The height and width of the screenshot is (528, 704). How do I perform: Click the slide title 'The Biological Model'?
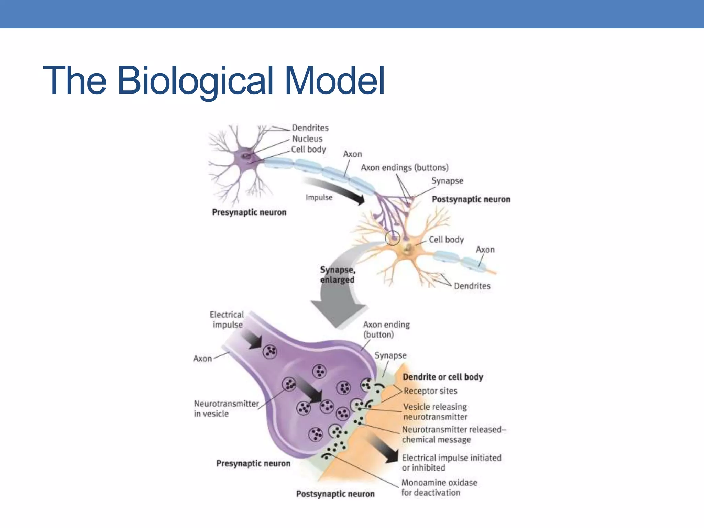tap(213, 81)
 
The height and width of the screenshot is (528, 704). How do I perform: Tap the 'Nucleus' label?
tap(307, 139)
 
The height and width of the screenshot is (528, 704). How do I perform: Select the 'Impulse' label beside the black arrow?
tap(319, 198)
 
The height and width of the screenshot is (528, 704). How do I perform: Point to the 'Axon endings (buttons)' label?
tap(405, 168)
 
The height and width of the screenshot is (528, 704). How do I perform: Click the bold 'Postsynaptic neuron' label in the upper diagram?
tap(471, 199)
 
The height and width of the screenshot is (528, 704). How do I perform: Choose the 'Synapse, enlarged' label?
tap(337, 275)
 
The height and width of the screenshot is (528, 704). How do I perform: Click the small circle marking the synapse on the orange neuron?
tap(392, 238)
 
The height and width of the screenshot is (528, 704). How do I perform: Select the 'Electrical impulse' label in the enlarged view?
tap(227, 320)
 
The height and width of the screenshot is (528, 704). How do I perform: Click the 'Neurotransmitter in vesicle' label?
tap(226, 409)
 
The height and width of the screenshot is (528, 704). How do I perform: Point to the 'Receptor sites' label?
tap(430, 391)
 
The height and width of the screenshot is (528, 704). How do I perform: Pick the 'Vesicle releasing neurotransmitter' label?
tap(435, 412)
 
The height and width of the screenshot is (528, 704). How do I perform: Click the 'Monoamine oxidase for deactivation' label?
tap(439, 488)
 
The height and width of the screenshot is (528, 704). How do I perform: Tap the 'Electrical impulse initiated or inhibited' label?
tap(451, 463)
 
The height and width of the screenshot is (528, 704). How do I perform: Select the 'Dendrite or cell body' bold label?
tap(443, 377)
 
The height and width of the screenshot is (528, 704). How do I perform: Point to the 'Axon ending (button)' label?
tap(386, 330)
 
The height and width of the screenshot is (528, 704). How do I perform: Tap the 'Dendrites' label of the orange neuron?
tap(472, 286)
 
